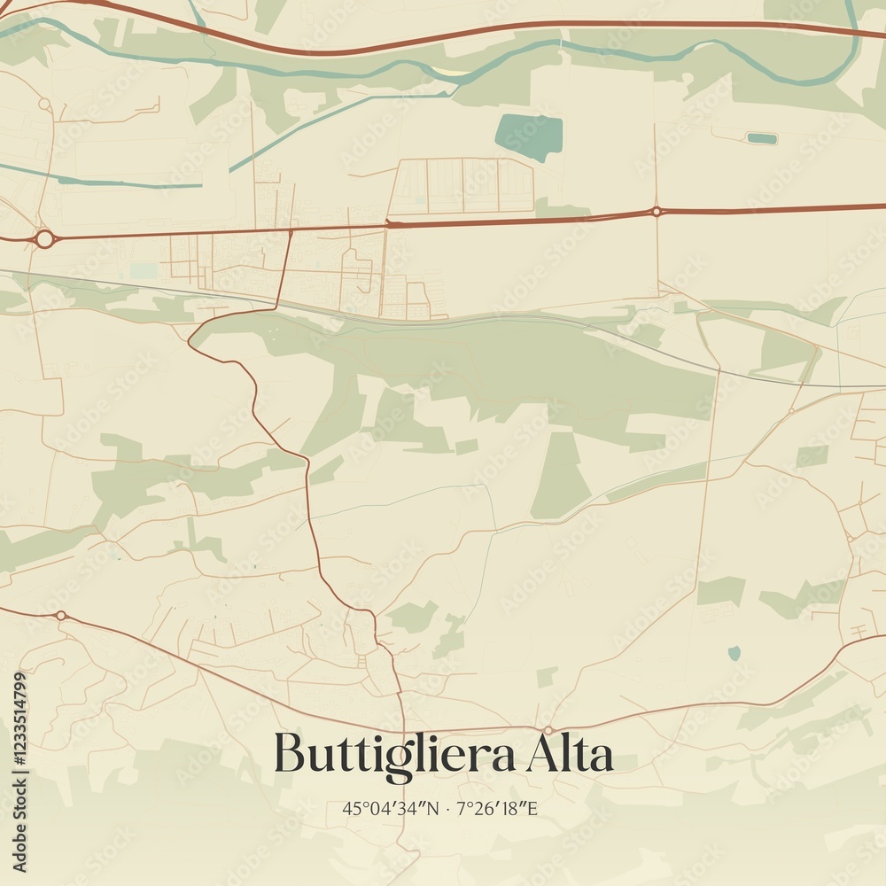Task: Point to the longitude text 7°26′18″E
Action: tap(498, 808)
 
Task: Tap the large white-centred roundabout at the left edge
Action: tap(44, 238)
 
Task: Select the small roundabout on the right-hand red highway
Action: tap(656, 211)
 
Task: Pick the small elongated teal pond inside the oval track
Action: tap(761, 138)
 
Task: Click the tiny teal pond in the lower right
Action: tap(734, 653)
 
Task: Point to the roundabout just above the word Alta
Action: tap(548, 729)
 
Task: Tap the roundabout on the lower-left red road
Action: tap(60, 615)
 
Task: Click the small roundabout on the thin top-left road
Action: tap(43, 105)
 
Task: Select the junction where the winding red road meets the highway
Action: tap(291, 231)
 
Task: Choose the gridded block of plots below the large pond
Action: tap(462, 186)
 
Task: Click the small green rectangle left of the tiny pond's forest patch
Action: tap(720, 590)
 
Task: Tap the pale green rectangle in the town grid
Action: tap(143, 270)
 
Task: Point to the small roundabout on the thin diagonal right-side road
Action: tap(790, 411)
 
